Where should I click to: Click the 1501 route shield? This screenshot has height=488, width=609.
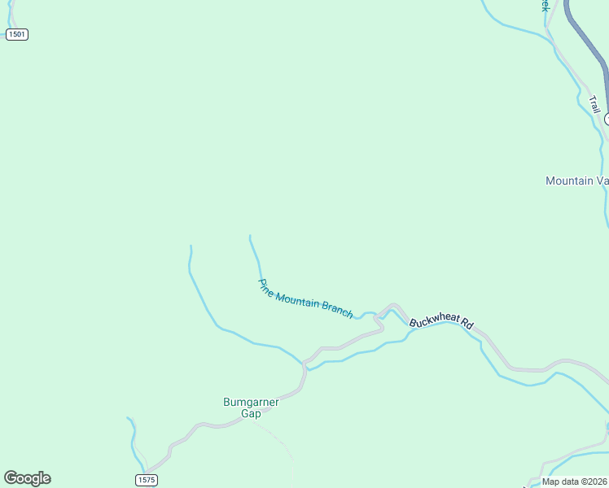click(x=16, y=34)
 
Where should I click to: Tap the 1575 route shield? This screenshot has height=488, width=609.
click(x=146, y=480)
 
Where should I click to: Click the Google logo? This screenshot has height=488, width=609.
click(x=27, y=478)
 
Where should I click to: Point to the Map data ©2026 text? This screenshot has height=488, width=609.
click(x=575, y=481)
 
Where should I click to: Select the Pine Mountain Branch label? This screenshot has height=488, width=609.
click(x=305, y=298)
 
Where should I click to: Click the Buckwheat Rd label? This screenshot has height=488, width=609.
click(x=441, y=322)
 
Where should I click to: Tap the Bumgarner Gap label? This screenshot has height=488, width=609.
click(x=251, y=407)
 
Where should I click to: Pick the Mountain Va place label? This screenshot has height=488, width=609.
click(x=576, y=181)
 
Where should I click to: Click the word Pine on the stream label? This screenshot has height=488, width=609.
click(x=265, y=286)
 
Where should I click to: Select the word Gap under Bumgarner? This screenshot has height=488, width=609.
click(x=251, y=414)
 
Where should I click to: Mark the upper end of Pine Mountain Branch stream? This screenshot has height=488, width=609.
click(x=250, y=237)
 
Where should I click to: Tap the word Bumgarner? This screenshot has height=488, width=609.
click(x=251, y=402)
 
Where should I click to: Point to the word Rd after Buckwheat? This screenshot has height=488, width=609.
click(x=467, y=324)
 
